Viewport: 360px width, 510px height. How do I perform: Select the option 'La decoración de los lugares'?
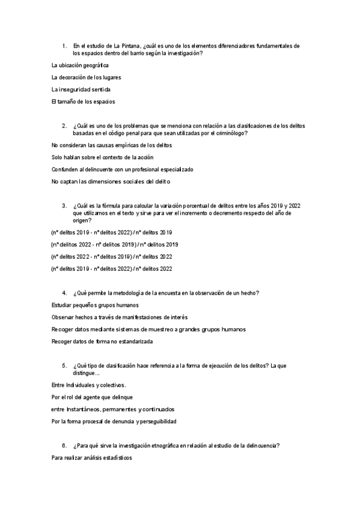tap(87, 77)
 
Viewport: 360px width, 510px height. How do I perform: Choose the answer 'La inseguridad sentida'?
tap(81, 89)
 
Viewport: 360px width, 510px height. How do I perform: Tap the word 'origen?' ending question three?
tap(84, 220)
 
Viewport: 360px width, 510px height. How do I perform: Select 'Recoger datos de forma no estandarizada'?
tap(102, 342)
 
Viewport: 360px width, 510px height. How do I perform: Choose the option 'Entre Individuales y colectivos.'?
tap(89, 385)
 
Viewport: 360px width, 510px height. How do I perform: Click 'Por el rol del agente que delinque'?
tap(93, 397)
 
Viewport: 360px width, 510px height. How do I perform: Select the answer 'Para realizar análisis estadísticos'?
tap(92, 458)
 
